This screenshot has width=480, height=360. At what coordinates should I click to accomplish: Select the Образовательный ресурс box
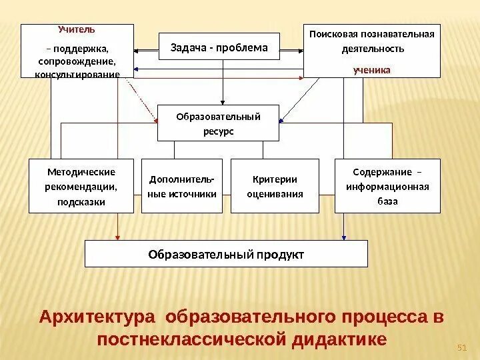tap(218, 123)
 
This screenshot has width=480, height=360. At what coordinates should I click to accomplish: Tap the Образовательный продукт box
tap(226, 254)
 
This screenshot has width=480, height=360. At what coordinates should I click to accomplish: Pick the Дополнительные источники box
tap(182, 185)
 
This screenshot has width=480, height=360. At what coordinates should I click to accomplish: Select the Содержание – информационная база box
tap(387, 185)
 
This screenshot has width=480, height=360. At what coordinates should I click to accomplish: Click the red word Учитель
tap(77, 29)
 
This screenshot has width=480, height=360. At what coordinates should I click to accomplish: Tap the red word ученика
tap(372, 69)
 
